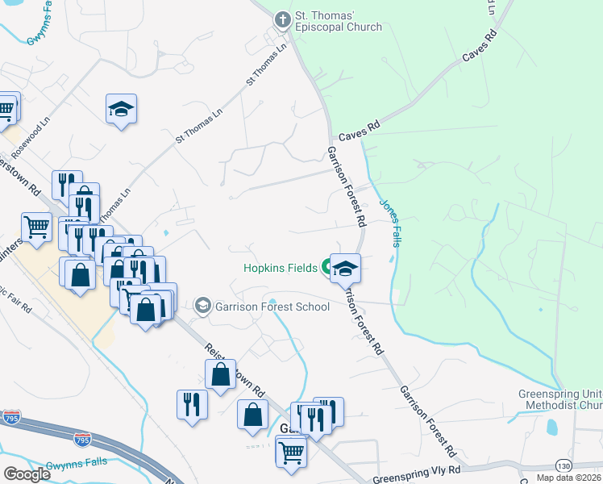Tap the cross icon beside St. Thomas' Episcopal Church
(283, 19)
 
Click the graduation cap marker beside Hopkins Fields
(345, 269)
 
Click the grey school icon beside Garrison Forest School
(203, 306)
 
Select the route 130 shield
(564, 465)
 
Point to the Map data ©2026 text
(569, 478)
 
